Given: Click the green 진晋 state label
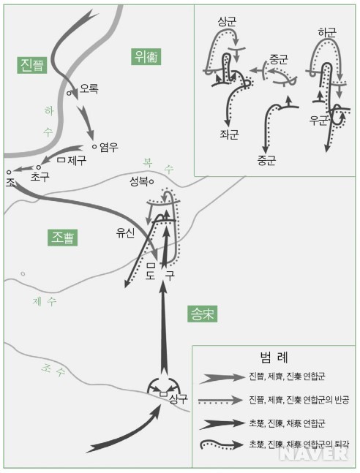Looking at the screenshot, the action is [x=31, y=65].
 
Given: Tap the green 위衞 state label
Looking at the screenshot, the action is [x=146, y=56].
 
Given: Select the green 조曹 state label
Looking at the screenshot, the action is [x=62, y=238].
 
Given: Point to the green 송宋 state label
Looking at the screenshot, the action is [x=202, y=314].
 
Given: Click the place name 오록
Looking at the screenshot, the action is [x=89, y=88].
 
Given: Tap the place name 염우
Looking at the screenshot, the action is [x=109, y=147].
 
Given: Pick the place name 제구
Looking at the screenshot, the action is [x=77, y=160].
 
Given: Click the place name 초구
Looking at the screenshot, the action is [x=40, y=176].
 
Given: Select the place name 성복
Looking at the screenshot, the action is [x=139, y=181].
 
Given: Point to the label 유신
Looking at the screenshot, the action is [x=125, y=232].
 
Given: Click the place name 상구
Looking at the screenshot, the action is [x=179, y=398].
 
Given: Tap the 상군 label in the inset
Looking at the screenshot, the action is [x=227, y=21].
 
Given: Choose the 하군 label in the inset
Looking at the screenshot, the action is [x=327, y=32].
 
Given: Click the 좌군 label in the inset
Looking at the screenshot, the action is [x=229, y=135].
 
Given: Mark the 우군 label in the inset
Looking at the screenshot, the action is [x=318, y=121].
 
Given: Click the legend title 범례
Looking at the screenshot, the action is [x=274, y=357].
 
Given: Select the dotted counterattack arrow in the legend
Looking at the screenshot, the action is [x=220, y=401].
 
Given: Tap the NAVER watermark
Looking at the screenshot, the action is [x=315, y=454].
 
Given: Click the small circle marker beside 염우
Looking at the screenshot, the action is [x=94, y=147].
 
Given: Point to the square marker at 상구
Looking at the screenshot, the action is [x=163, y=393].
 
